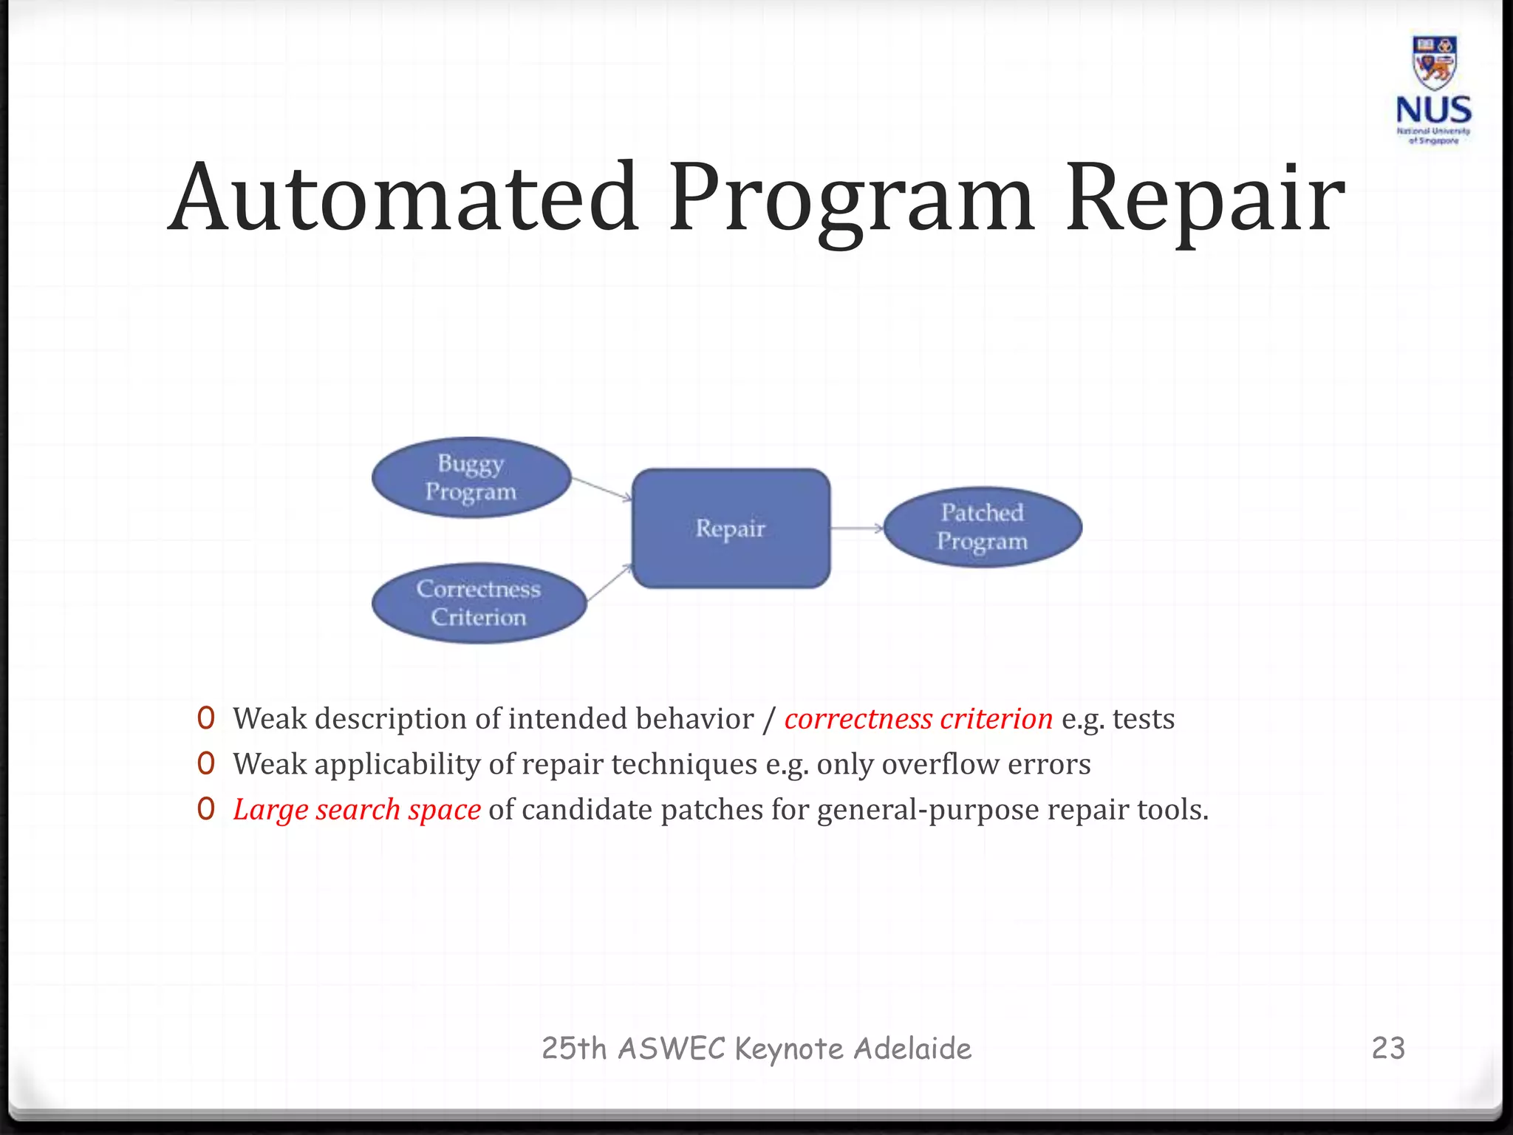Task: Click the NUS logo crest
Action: pyautogui.click(x=1433, y=64)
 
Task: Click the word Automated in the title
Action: pyautogui.click(x=403, y=198)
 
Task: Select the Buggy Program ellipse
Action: pyautogui.click(x=471, y=477)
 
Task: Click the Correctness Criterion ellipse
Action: pyautogui.click(x=479, y=603)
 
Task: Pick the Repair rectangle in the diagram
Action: pyautogui.click(x=731, y=528)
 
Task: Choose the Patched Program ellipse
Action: pyautogui.click(x=983, y=527)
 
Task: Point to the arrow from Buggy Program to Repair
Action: pyautogui.click(x=602, y=488)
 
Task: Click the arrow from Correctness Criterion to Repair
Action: pyautogui.click(x=610, y=582)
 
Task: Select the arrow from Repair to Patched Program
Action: pyautogui.click(x=857, y=528)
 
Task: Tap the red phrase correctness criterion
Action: pyautogui.click(x=918, y=719)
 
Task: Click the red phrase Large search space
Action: pyautogui.click(x=357, y=810)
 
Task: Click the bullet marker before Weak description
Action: pyautogui.click(x=206, y=718)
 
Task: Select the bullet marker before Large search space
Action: pyautogui.click(x=206, y=809)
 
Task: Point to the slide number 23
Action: pyautogui.click(x=1388, y=1049)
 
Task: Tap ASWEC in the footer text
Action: pyautogui.click(x=672, y=1049)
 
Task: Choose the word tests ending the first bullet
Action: pyautogui.click(x=1143, y=719)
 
